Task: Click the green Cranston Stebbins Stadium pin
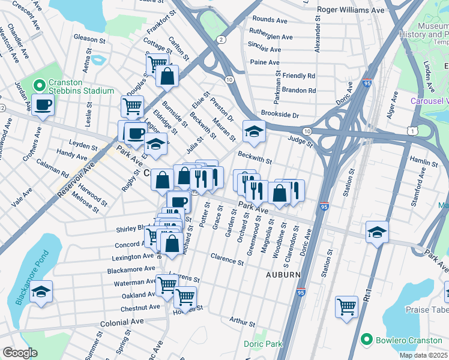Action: point(40,85)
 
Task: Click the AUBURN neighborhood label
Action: point(283,274)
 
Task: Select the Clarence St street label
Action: point(227,259)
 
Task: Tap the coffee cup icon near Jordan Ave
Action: point(43,104)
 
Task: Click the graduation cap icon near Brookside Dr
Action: point(254,131)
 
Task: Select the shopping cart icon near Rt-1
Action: point(347,307)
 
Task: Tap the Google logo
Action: point(20,353)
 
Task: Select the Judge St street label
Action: point(300,142)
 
